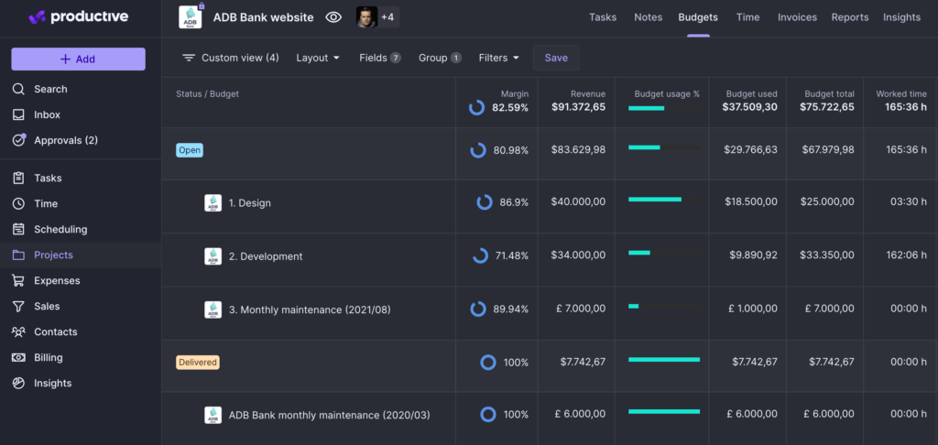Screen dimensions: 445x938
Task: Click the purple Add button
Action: [78, 60]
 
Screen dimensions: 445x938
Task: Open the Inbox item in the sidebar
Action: [47, 114]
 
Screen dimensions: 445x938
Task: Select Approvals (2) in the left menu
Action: [65, 140]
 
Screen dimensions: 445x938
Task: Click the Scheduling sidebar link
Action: [60, 229]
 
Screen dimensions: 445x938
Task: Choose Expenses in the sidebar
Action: [57, 280]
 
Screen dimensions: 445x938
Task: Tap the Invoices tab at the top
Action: [796, 17]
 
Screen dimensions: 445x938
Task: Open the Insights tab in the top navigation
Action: [901, 17]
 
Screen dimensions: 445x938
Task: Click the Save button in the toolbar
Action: [556, 58]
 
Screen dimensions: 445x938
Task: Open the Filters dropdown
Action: [498, 58]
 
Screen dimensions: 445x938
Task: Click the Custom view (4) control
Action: [231, 58]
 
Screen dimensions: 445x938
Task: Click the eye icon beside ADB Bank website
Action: [333, 17]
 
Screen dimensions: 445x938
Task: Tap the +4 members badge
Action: [387, 17]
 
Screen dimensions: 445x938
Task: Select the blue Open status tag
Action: [190, 150]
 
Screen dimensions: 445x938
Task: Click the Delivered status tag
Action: [198, 363]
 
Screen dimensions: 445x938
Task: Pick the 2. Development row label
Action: [265, 256]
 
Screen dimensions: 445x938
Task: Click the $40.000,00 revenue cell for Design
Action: [578, 202]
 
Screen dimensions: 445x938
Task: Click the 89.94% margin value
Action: [510, 309]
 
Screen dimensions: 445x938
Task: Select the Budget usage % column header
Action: [667, 93]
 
